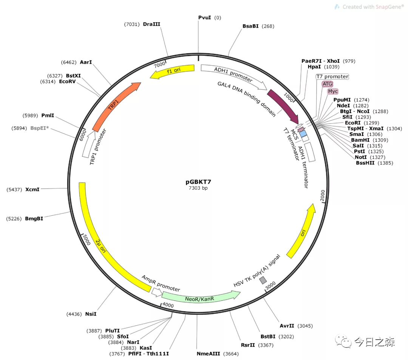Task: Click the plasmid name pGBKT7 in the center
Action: (198, 181)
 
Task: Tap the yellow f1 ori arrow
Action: (173, 72)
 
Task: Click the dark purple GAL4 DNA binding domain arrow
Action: (283, 105)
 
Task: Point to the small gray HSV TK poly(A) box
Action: (263, 280)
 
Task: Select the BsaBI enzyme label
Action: (250, 26)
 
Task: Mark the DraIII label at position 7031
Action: (151, 24)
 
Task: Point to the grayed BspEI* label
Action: (40, 128)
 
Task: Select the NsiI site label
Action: (91, 314)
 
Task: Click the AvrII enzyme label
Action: (287, 326)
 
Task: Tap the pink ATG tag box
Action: (328, 84)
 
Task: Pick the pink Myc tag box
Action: (333, 91)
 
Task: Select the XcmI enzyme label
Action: (32, 189)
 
